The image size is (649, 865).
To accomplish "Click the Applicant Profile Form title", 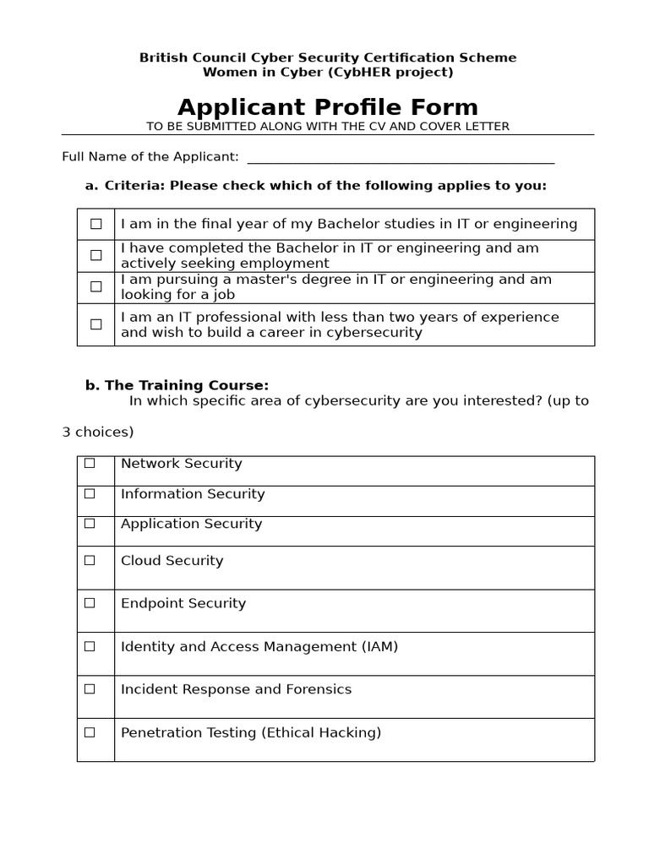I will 328,107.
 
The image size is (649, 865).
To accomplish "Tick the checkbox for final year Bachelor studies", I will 95,224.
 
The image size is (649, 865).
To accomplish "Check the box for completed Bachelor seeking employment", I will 95,255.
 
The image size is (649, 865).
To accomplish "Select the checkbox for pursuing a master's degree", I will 95,286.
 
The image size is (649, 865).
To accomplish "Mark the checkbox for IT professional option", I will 95,324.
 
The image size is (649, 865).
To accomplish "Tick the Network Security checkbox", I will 90,463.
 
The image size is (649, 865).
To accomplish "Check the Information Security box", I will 90,493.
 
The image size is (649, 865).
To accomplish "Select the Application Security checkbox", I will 90,524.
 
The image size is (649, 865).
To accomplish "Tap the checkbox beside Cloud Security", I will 90,560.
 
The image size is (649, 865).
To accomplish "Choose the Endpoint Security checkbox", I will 90,603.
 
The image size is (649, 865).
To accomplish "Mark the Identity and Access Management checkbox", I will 90,646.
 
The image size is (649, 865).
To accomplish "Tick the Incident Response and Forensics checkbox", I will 90,689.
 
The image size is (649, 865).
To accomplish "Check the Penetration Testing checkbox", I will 90,732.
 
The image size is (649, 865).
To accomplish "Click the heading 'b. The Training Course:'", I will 177,385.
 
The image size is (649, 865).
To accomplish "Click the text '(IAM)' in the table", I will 379,647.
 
